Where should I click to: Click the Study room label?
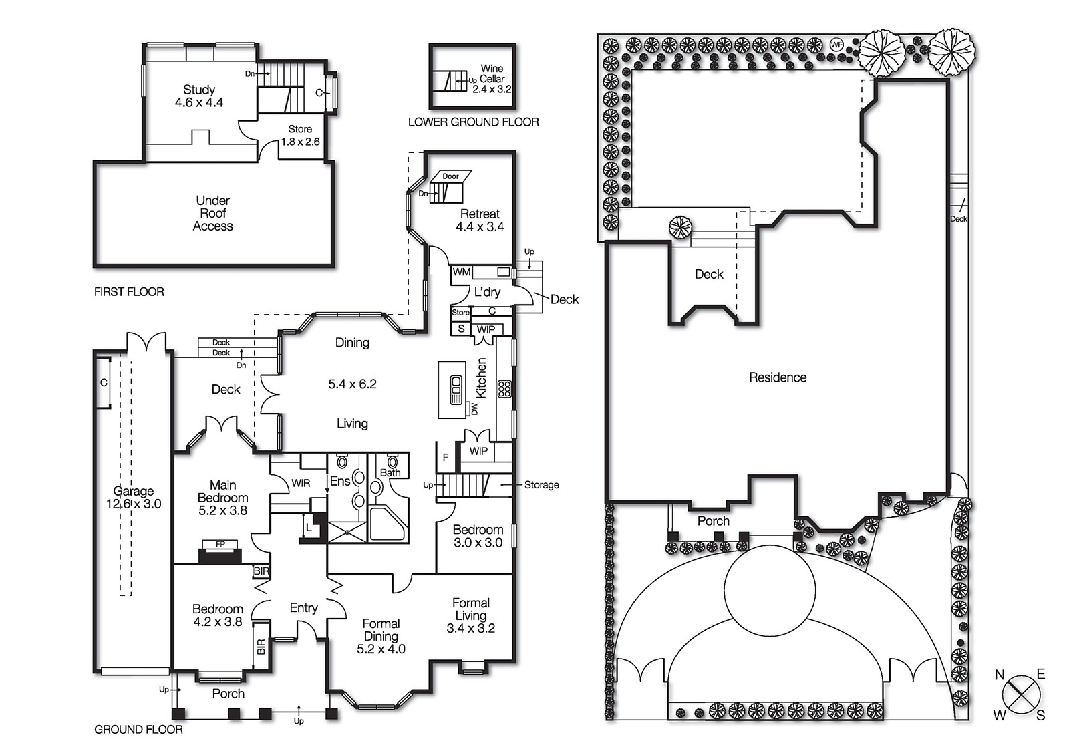(199, 90)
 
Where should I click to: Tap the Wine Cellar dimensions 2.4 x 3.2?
(492, 89)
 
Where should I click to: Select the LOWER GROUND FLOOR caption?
(473, 122)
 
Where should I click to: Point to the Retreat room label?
(480, 214)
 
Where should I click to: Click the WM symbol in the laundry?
(462, 272)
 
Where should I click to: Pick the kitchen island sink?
(456, 390)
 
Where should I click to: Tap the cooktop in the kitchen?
(504, 389)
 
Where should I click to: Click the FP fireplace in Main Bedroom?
(220, 545)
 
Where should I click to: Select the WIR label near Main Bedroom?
(301, 483)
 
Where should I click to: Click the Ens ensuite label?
(339, 481)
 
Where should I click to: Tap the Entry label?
(303, 607)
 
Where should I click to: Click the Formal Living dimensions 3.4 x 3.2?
(470, 628)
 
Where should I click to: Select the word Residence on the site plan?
(778, 377)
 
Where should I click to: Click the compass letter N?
(1000, 675)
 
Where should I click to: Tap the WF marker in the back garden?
(836, 45)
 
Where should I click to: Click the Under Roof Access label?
(213, 213)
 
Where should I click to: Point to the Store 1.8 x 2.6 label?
(300, 136)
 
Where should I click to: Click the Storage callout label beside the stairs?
(541, 485)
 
